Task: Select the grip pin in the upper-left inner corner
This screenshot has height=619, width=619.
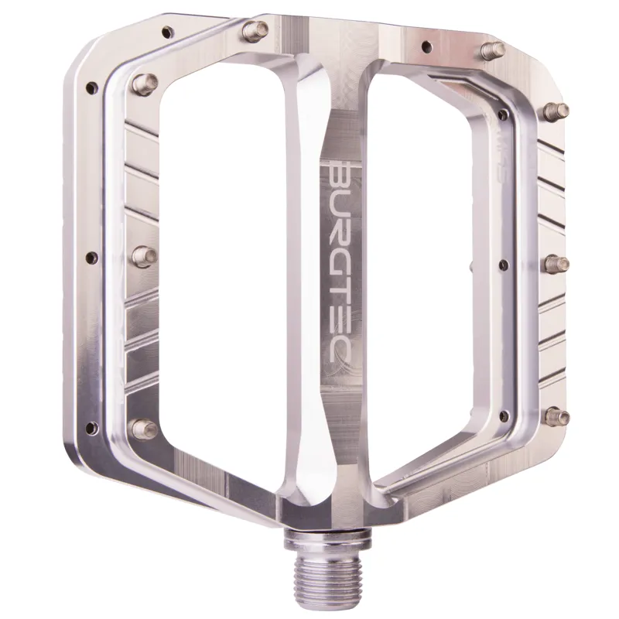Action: [x=145, y=81]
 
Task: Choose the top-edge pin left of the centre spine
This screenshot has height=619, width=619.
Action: [x=253, y=30]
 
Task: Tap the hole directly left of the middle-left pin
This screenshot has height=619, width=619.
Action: [x=92, y=258]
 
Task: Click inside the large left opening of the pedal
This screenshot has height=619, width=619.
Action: [x=224, y=255]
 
